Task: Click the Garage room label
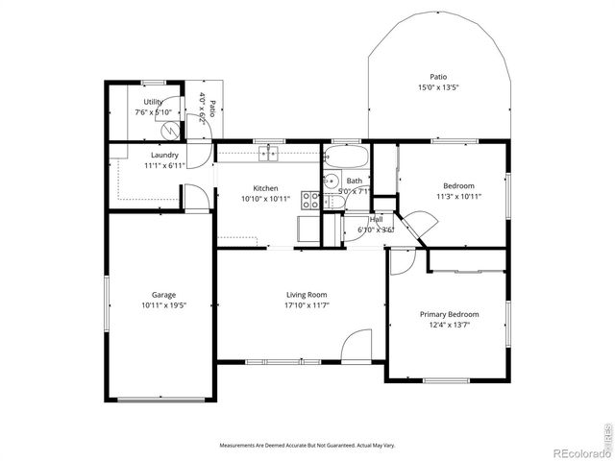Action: click(162, 295)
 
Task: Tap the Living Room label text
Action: click(307, 295)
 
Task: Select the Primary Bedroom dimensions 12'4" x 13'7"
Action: click(449, 325)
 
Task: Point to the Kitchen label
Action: click(265, 188)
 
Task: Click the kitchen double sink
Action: click(267, 153)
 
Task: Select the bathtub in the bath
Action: click(345, 156)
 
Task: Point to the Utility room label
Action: click(153, 102)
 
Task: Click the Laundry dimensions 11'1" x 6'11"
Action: click(164, 166)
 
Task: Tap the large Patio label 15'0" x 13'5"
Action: click(438, 87)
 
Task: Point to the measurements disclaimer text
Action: click(307, 446)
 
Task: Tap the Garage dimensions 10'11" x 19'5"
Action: click(162, 305)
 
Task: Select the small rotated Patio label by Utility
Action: click(207, 108)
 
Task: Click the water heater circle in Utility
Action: click(170, 129)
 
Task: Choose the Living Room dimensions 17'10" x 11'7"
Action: click(307, 305)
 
